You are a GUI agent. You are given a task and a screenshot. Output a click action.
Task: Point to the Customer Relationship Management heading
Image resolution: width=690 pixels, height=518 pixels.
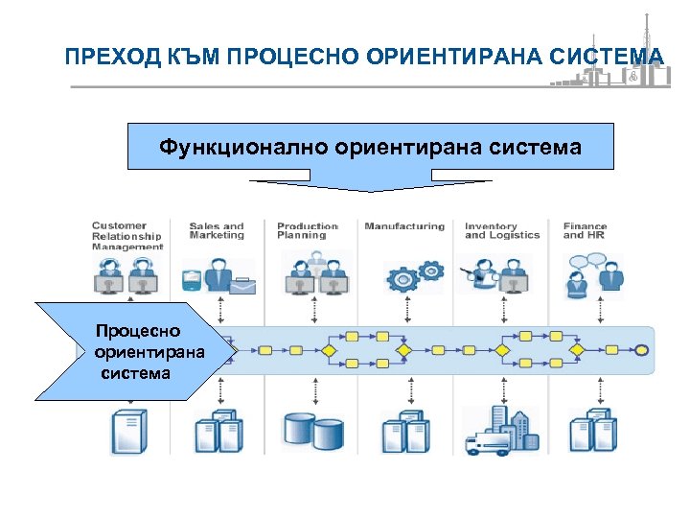[127, 236]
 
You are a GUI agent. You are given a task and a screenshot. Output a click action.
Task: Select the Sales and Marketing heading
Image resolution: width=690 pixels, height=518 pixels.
[217, 231]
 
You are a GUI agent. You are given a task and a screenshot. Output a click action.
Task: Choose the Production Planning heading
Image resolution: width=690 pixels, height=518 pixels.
[308, 231]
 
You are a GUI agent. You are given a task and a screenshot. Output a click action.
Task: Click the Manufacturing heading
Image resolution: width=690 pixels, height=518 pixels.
[404, 226]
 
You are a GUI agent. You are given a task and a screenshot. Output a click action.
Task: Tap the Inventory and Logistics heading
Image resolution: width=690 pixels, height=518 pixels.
[502, 231]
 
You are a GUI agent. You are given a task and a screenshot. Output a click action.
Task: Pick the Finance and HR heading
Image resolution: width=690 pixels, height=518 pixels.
[586, 231]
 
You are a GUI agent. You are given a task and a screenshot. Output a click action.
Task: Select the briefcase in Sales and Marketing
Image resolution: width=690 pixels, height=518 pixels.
[241, 285]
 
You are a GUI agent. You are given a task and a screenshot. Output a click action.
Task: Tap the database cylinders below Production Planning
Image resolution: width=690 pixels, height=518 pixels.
[313, 433]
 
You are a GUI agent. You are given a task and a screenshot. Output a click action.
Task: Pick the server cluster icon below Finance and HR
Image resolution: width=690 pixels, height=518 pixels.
[592, 432]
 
